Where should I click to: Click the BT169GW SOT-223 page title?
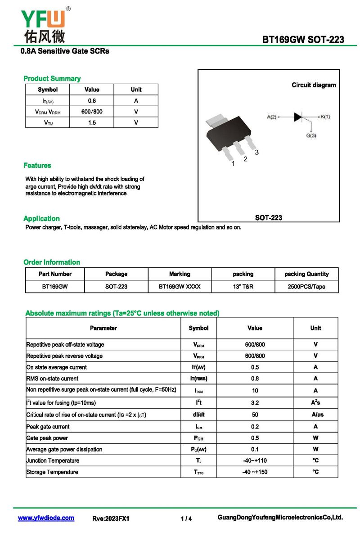pos(303,40)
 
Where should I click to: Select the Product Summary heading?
pos(52,79)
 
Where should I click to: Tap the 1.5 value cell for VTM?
pos(92,122)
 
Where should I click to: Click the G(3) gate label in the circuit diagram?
pos(311,135)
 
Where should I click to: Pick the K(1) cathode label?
pos(325,117)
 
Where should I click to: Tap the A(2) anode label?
pos(271,117)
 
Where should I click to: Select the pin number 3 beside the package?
pos(256,153)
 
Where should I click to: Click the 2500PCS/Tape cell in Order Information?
pos(306,286)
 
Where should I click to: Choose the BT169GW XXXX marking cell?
pos(180,286)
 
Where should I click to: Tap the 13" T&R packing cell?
pos(243,286)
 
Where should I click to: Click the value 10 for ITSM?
pos(255,391)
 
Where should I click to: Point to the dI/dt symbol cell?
pos(198,415)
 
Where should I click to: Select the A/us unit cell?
pos(315,415)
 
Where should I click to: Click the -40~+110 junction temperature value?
pos(255,460)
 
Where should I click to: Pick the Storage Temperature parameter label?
pos(52,472)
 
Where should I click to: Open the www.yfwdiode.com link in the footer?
pos(46,518)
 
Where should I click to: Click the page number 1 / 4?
pos(186,519)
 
